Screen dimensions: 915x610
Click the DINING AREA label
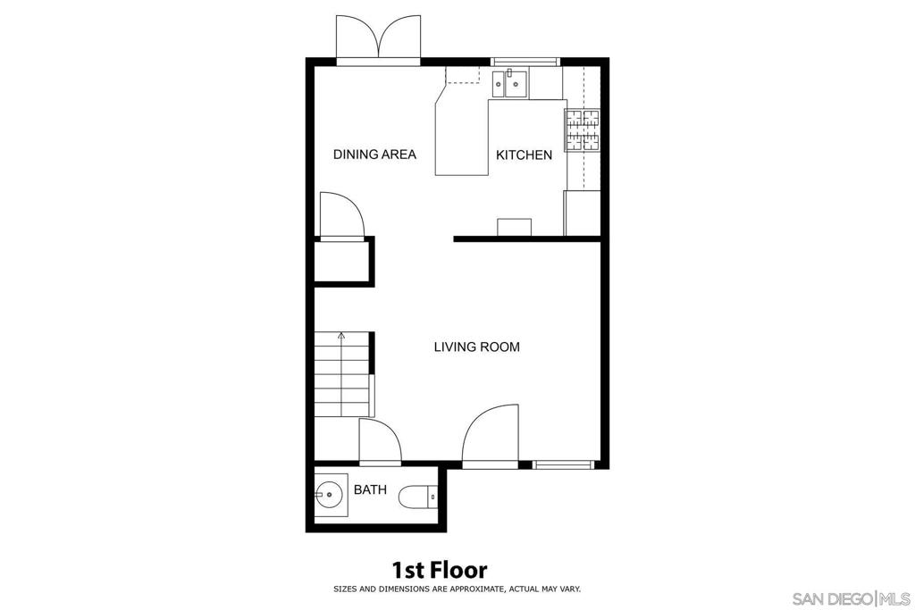[x=374, y=155]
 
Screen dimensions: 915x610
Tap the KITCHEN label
[x=524, y=155]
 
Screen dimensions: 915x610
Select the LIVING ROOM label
[x=477, y=347]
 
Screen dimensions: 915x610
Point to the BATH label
[x=370, y=489]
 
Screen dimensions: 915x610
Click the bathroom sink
[x=331, y=495]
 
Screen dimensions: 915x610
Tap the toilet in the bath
[x=418, y=497]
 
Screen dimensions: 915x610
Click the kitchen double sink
[x=509, y=84]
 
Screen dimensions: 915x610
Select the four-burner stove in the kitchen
[x=582, y=130]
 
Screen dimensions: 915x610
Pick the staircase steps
[x=342, y=374]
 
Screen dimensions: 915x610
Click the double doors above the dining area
[x=379, y=39]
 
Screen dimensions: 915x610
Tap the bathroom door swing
[x=380, y=441]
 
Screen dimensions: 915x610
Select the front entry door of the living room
[x=491, y=436]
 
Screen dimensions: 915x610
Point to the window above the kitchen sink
[x=525, y=62]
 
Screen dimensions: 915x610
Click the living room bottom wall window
[x=563, y=464]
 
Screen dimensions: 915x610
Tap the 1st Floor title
[x=439, y=569]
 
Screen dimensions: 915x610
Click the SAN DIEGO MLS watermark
[x=851, y=598]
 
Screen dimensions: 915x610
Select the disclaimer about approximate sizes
[x=457, y=589]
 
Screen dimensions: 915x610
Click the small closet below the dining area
[x=341, y=262]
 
